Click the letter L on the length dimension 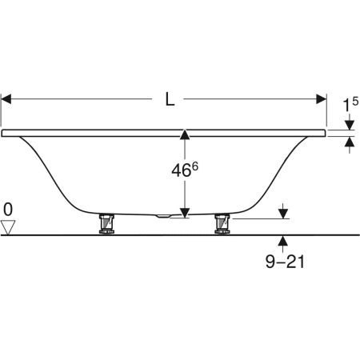point(170,99)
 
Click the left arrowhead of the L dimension point(6,99)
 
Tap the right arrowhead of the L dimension point(321,99)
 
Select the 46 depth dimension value point(181,170)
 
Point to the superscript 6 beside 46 point(195,166)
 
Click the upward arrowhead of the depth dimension point(185,134)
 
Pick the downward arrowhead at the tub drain point(185,213)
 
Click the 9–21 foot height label point(285,262)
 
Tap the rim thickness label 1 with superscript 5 point(350,105)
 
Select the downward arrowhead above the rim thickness point(350,125)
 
